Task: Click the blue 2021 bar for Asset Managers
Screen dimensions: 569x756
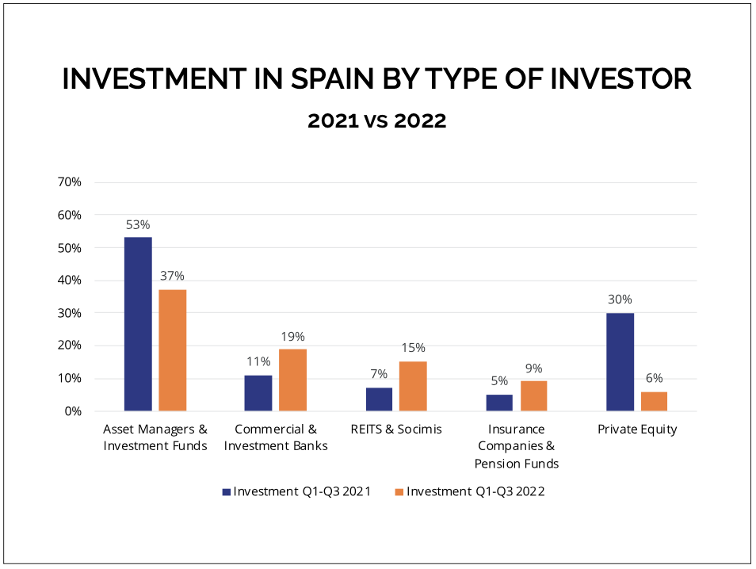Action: point(138,324)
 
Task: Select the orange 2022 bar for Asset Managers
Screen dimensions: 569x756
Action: point(172,350)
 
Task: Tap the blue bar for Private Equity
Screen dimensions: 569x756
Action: point(620,362)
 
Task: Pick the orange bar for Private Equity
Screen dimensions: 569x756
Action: point(654,401)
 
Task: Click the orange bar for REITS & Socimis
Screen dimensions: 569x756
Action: point(413,386)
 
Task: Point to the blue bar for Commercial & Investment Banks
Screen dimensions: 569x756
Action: point(258,393)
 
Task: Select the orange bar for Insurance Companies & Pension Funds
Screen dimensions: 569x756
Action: point(533,396)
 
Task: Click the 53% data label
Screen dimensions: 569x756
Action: point(138,224)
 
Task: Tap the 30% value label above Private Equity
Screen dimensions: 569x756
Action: point(620,300)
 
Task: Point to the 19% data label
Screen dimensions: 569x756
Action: point(292,336)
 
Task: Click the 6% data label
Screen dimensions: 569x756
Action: point(654,378)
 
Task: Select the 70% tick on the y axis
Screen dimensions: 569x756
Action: point(70,182)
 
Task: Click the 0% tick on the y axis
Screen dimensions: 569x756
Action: point(73,411)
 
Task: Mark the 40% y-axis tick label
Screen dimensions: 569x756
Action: point(70,281)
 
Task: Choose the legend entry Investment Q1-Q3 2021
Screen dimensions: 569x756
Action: point(302,491)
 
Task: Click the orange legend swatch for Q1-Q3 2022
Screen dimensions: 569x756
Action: point(399,491)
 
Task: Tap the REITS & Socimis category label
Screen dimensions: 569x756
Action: point(395,430)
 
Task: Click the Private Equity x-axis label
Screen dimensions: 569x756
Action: point(637,430)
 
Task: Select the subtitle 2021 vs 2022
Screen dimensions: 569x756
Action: point(376,121)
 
